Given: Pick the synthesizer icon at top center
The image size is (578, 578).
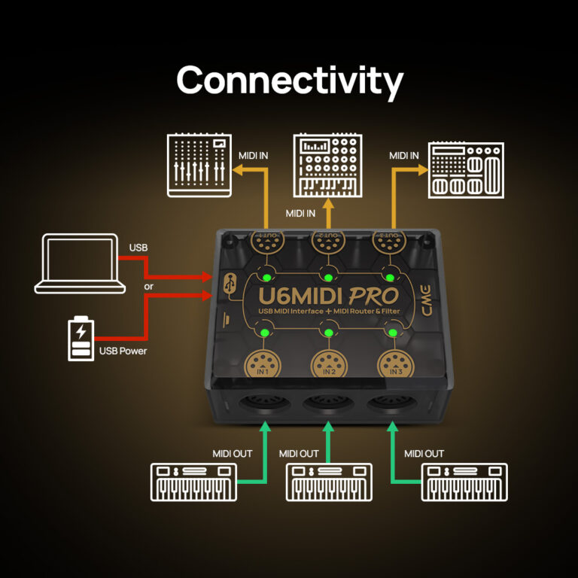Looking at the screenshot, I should pos(326,165).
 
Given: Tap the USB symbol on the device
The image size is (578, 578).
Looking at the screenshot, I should pos(230,284).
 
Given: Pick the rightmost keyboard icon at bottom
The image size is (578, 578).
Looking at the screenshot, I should pos(464,482).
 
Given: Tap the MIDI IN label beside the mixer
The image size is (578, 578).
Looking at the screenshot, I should pos(254,156).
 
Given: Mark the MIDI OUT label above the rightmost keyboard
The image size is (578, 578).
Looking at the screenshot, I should pos(424,453).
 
